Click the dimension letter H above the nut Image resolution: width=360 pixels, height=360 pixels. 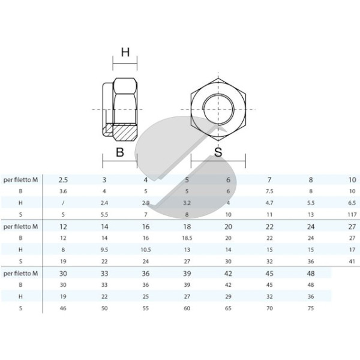point(125,52)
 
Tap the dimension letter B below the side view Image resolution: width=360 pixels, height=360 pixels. point(120,152)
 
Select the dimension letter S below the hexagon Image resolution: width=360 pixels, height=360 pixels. point(218,152)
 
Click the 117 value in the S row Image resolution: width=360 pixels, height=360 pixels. point(352,215)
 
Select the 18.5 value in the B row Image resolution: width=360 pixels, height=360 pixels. point(187,238)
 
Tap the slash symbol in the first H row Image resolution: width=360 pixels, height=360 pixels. point(63,203)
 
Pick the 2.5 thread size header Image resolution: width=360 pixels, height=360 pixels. point(63,180)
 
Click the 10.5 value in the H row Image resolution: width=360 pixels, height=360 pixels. point(146,250)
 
